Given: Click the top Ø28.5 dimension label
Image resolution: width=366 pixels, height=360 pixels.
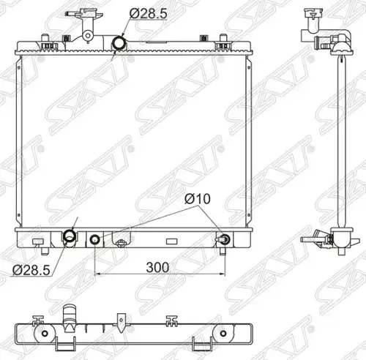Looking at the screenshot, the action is (x=148, y=13).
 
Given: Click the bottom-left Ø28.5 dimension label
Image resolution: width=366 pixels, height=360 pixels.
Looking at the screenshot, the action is (x=31, y=270).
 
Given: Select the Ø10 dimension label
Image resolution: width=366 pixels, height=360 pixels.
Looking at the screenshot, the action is (x=198, y=199).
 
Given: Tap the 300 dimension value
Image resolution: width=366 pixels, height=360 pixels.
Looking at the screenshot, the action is (x=157, y=267).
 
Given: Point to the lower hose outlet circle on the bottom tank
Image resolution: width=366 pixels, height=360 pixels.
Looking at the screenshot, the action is (x=70, y=236).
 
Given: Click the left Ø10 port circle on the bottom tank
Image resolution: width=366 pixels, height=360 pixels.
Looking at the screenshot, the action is (x=94, y=240).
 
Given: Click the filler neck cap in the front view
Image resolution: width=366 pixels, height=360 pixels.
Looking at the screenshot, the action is (x=84, y=14).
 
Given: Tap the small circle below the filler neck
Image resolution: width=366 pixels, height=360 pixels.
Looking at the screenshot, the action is (x=88, y=36).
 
